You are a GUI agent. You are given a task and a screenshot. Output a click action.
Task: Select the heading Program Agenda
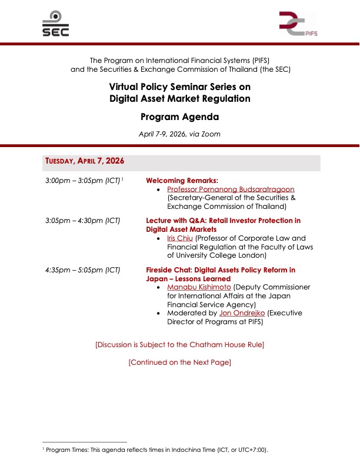pyautogui.click(x=179, y=116)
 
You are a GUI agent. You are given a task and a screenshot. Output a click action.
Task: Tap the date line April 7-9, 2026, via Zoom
pyautogui.click(x=179, y=134)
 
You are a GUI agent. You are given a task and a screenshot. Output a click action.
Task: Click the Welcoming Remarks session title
pyautogui.click(x=182, y=180)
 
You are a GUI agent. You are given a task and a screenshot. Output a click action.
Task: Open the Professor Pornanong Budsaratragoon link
pyautogui.click(x=230, y=189)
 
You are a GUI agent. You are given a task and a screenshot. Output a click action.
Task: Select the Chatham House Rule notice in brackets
pyautogui.click(x=179, y=344)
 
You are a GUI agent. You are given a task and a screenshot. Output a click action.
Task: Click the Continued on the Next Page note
pyautogui.click(x=179, y=362)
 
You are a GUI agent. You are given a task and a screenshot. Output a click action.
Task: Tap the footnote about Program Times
pyautogui.click(x=155, y=450)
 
